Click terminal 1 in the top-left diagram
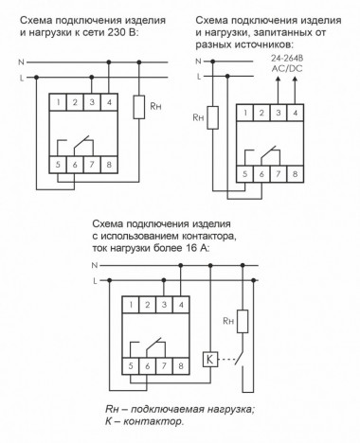(x=59, y=101)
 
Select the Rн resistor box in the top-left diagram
(x=139, y=106)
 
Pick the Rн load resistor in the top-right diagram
(x=211, y=120)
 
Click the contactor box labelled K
(x=209, y=360)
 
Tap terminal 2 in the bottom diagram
(x=147, y=304)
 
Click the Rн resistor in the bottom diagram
(x=243, y=323)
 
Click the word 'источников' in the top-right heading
(x=261, y=44)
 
